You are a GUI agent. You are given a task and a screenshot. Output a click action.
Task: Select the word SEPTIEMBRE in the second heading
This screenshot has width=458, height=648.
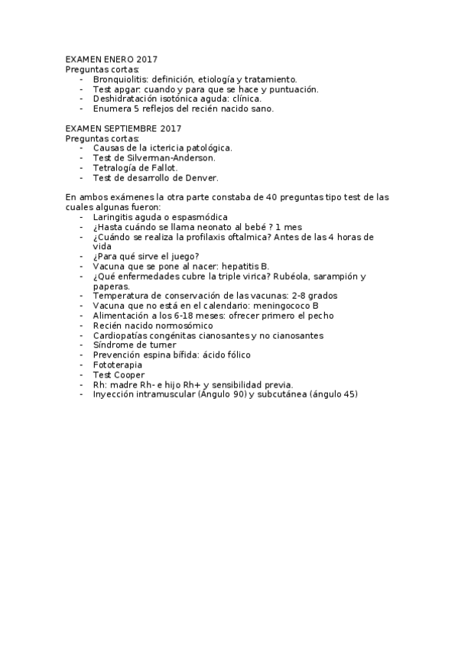click(x=132, y=128)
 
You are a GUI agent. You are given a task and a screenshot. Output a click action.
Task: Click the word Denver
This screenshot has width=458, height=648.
click(x=202, y=177)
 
